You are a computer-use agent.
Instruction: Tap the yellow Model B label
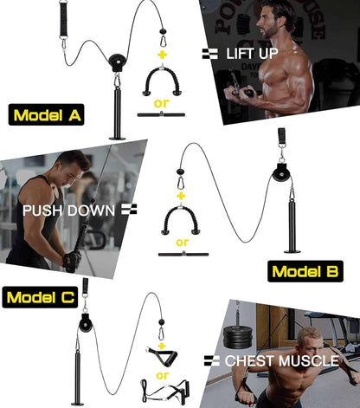click(305, 271)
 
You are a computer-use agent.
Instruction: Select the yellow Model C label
click(39, 298)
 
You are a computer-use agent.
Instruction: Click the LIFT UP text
click(251, 54)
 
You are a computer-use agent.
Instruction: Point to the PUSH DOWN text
click(67, 209)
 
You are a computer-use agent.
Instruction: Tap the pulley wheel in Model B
click(281, 174)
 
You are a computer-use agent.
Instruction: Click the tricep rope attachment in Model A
click(160, 83)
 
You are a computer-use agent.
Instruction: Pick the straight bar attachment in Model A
click(160, 113)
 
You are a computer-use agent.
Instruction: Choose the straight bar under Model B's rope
click(182, 256)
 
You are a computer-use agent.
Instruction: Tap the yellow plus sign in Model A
click(160, 54)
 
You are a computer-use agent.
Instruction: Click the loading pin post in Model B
click(292, 223)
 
